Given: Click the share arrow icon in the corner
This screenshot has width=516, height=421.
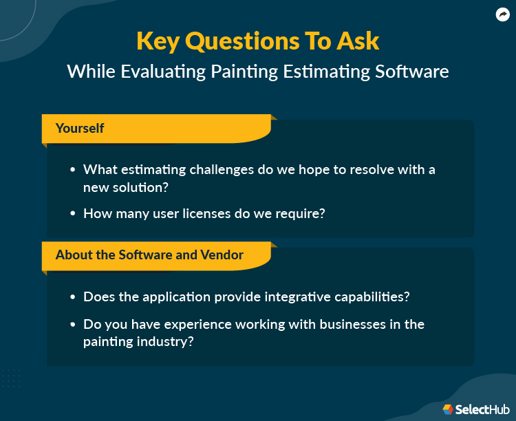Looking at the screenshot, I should point(502,14).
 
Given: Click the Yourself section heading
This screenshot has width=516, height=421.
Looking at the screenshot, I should point(80,128).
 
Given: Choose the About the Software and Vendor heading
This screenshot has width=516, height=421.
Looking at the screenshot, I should point(149,255).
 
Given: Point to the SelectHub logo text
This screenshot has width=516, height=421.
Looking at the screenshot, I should point(481,409).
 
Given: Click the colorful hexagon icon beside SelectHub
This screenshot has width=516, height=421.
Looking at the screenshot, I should point(448,409).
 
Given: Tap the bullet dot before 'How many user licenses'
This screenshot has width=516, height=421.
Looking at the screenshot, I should point(73,214).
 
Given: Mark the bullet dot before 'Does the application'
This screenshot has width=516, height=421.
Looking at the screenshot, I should point(73,297).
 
